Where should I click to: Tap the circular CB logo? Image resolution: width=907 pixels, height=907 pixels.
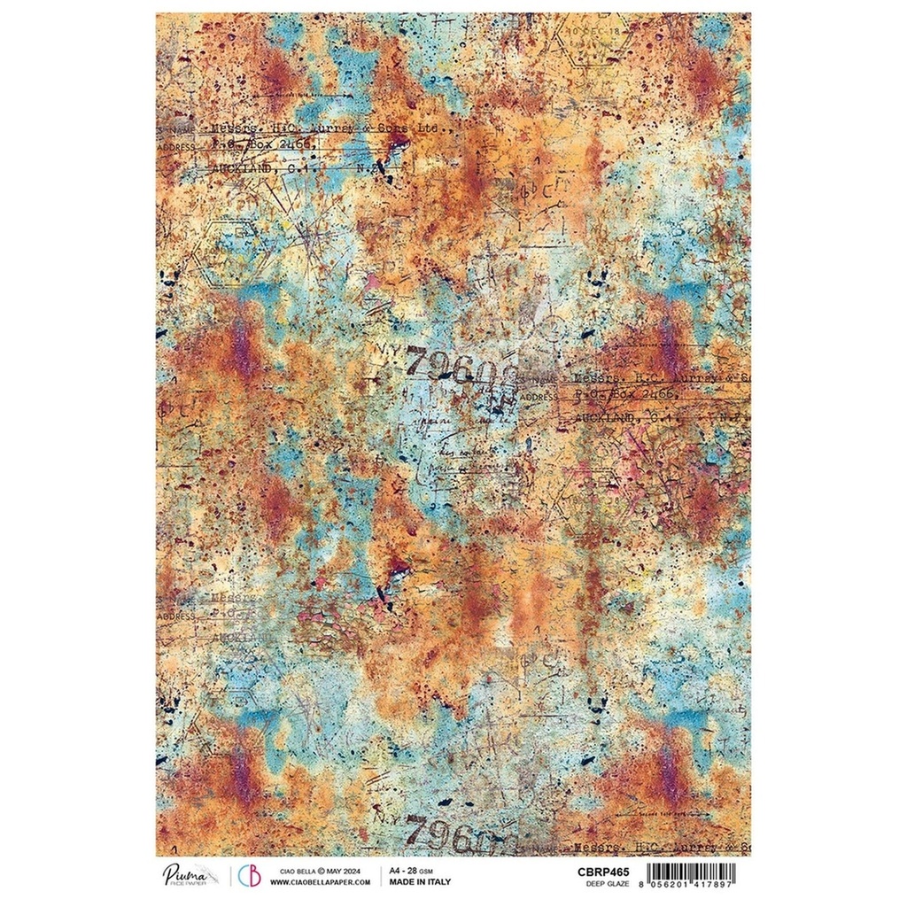(x=250, y=876)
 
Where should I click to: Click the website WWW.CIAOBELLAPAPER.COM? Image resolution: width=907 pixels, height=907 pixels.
(x=320, y=882)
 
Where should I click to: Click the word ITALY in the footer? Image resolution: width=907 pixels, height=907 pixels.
(x=438, y=882)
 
